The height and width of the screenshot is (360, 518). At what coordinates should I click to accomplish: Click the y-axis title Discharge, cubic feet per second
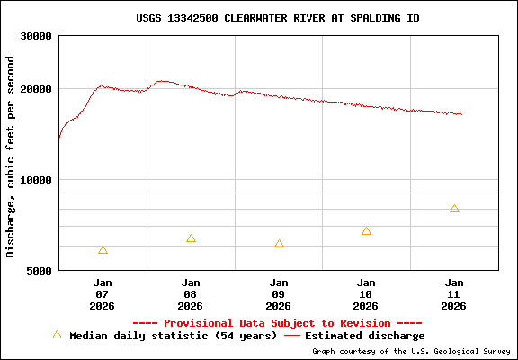[x=11, y=157]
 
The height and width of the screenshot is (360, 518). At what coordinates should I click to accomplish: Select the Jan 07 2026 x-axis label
[x=103, y=293]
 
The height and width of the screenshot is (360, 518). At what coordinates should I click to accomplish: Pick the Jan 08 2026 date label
[x=191, y=293]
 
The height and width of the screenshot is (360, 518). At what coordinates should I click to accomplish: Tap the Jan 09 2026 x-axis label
[x=279, y=293]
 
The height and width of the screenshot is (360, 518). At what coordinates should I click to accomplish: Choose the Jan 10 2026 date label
[x=367, y=293]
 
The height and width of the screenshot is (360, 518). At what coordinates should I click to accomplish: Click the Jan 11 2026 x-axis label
[x=454, y=293]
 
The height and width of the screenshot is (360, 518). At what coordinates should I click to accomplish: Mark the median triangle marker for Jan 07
[x=103, y=250]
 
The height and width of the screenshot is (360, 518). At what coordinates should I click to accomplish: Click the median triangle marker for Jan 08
[x=191, y=238]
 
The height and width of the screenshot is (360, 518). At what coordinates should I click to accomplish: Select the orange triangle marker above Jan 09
[x=279, y=244]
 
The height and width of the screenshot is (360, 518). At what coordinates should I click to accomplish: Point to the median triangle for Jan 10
[x=367, y=231]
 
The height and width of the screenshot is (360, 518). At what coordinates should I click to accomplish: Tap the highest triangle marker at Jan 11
[x=454, y=209]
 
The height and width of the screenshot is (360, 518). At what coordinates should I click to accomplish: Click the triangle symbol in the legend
[x=57, y=335]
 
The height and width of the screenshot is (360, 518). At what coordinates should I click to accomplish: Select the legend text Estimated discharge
[x=365, y=336]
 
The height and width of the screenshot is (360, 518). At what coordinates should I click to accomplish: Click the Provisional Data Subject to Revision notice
[x=277, y=323]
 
